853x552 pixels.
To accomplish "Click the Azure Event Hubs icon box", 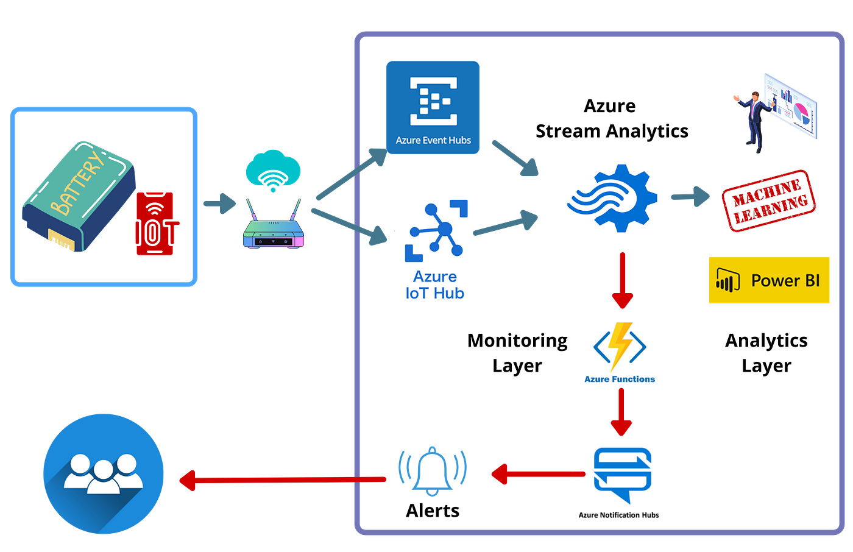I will [x=433, y=107].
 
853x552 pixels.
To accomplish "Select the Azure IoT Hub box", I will [x=433, y=250].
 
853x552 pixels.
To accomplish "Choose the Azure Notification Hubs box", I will [x=620, y=482].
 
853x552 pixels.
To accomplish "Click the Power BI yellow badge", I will [x=769, y=280].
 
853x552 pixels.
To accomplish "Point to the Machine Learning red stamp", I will [x=769, y=200].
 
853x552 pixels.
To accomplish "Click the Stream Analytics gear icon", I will [x=612, y=198].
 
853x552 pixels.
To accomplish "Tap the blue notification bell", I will [x=433, y=470].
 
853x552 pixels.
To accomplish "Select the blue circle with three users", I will [x=104, y=473].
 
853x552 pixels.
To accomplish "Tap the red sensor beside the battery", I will [x=155, y=223].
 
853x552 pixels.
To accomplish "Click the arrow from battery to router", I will [x=219, y=203].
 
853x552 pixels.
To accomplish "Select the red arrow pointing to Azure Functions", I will [x=622, y=280].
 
